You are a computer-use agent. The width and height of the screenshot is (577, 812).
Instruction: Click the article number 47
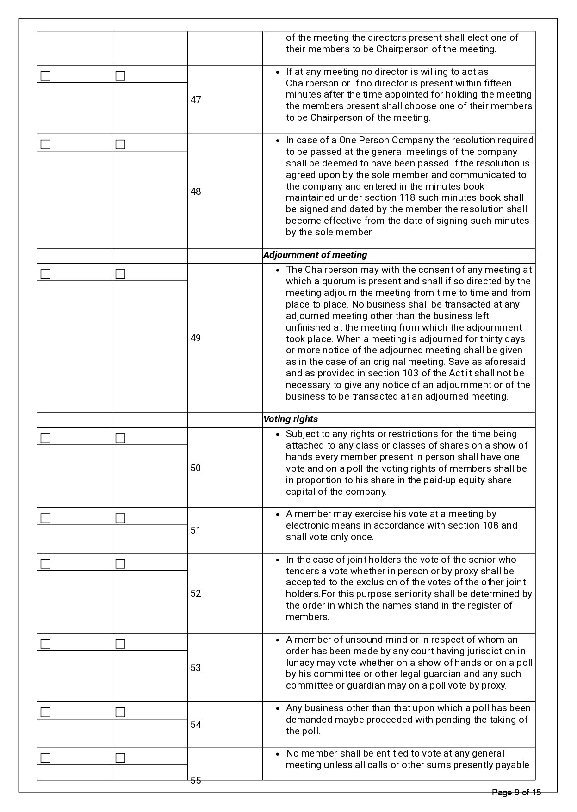(x=196, y=100)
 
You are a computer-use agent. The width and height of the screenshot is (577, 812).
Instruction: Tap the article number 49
(x=196, y=338)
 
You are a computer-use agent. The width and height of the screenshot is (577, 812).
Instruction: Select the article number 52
(x=196, y=593)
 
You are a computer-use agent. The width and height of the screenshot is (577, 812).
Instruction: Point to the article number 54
(x=196, y=725)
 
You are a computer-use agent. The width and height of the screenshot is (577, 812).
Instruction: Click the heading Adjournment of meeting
(x=315, y=255)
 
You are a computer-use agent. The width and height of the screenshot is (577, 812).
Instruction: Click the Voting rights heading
(x=291, y=419)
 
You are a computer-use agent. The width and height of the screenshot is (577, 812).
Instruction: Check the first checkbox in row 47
(x=45, y=76)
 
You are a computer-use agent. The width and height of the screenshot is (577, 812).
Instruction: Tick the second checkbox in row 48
(x=120, y=144)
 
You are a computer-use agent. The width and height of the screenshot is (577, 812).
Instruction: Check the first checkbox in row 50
(x=45, y=438)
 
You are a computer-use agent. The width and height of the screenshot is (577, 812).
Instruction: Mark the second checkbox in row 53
(x=120, y=644)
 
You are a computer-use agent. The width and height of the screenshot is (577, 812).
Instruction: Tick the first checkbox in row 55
(x=45, y=758)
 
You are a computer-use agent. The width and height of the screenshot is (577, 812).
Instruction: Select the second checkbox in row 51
(x=120, y=518)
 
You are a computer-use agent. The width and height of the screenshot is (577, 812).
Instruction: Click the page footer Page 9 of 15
(x=516, y=793)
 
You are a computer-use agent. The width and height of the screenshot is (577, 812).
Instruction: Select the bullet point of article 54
(x=277, y=708)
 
